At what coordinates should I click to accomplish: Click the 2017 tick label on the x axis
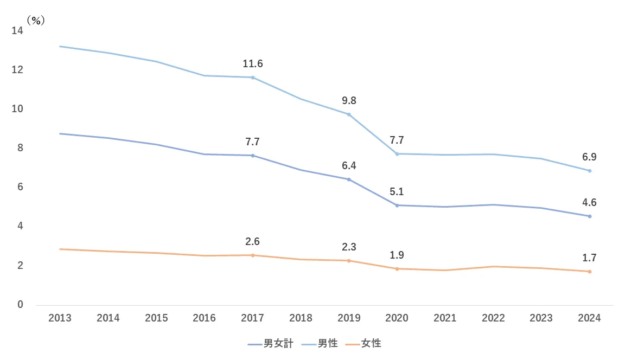pos(252,318)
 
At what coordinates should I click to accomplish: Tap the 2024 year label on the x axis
pos(589,318)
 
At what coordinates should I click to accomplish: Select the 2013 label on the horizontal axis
pos(60,318)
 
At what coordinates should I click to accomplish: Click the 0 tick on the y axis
pos(20,305)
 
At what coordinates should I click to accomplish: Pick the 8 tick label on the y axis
pos(20,148)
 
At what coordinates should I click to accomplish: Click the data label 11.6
pos(252,64)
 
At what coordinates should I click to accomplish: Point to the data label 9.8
pos(349,100)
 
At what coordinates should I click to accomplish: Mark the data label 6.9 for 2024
pos(589,157)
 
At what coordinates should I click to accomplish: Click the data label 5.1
pos(397,191)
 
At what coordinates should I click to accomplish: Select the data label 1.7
pos(589,258)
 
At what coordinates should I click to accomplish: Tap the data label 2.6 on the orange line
pos(252,241)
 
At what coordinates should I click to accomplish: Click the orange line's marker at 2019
pos(349,261)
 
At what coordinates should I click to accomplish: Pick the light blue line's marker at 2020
pos(397,154)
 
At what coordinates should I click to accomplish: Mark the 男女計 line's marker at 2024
pos(590,216)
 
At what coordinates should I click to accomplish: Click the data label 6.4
pos(349,165)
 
